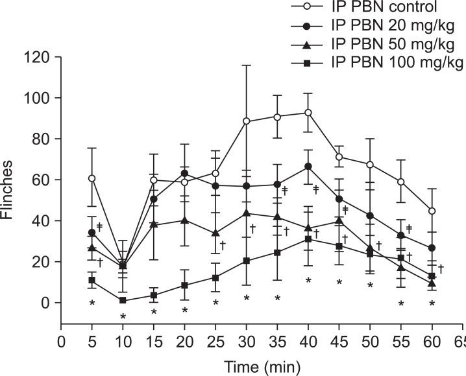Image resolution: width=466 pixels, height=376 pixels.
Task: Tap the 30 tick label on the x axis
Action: point(246,341)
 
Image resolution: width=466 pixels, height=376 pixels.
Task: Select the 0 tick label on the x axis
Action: point(62,341)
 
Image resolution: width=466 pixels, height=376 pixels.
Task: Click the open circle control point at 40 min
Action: point(308,113)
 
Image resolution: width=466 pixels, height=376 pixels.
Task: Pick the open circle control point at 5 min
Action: point(92,178)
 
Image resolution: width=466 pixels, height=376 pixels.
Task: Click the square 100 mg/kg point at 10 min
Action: point(123,301)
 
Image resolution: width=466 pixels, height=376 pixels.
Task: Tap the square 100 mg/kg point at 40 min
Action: point(308,239)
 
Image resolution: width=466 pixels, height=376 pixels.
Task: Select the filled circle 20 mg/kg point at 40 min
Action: point(308,167)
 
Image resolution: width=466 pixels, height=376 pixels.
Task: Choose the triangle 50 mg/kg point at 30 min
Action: point(246,213)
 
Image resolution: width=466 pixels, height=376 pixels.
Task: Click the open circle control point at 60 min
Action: point(432,211)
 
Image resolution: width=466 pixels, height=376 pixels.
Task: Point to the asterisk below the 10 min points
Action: point(123,316)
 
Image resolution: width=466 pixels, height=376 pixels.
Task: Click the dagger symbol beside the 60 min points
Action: point(441,268)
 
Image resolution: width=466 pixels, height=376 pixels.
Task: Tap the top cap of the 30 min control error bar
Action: point(246,65)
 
